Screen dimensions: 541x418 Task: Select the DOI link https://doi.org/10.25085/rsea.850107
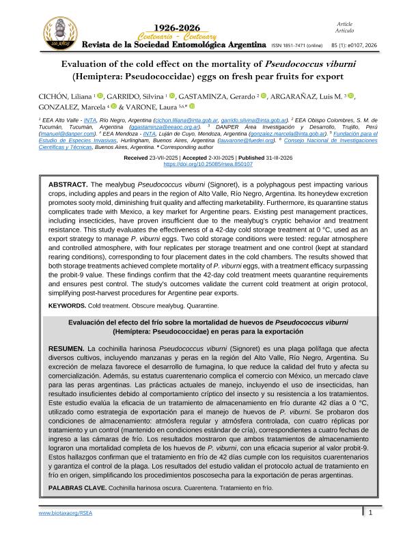tap(208, 164)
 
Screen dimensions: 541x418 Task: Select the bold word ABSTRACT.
tap(68, 185)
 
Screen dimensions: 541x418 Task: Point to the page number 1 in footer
tap(370, 531)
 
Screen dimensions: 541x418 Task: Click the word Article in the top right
tap(344, 24)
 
